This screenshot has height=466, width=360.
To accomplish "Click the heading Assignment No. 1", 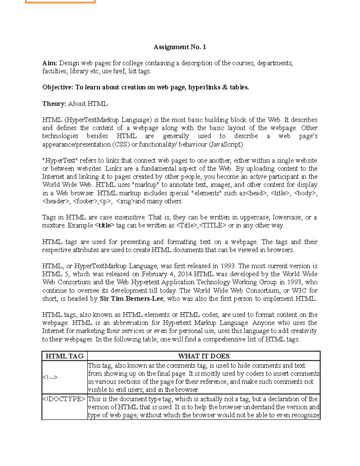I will tap(180, 47).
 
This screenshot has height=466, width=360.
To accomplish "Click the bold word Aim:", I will tap(49, 63).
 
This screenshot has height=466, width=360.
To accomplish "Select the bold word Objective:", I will tap(58, 87).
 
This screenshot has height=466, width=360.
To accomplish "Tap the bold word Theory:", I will tap(54, 104).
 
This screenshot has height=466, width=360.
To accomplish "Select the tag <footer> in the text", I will tap(85, 201).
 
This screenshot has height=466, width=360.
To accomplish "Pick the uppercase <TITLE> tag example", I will tap(213, 225).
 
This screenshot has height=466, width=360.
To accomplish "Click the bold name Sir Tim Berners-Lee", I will tap(132, 299).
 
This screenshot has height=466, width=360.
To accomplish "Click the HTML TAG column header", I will tap(64, 356).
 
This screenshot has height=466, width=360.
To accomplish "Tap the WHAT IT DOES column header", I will tap(204, 356).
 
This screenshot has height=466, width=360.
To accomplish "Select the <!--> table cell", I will tap(50, 377).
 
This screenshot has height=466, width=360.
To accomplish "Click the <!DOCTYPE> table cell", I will tap(64, 399).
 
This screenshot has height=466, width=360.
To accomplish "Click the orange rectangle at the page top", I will tap(60, 2).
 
